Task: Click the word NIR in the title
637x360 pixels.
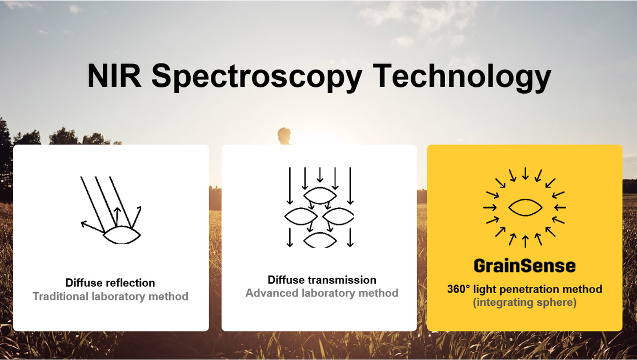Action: [x=114, y=77]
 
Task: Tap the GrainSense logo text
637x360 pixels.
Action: [x=524, y=266]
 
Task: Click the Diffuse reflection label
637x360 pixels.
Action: [x=110, y=283]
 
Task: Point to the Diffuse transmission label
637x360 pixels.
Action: [x=322, y=280]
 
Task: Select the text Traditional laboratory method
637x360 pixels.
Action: [x=110, y=297]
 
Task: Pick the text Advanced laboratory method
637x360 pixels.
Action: [x=322, y=293]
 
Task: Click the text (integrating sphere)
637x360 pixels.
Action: [x=524, y=303]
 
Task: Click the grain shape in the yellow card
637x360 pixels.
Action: [x=525, y=207]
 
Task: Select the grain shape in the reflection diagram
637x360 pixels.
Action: [x=121, y=234]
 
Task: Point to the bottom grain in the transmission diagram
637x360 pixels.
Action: [x=320, y=240]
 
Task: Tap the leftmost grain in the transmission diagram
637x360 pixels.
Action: [x=301, y=216]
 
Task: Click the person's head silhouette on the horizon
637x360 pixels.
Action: [x=283, y=135]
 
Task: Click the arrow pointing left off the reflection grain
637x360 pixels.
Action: [x=91, y=226]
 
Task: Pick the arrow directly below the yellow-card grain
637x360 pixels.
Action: [x=525, y=241]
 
